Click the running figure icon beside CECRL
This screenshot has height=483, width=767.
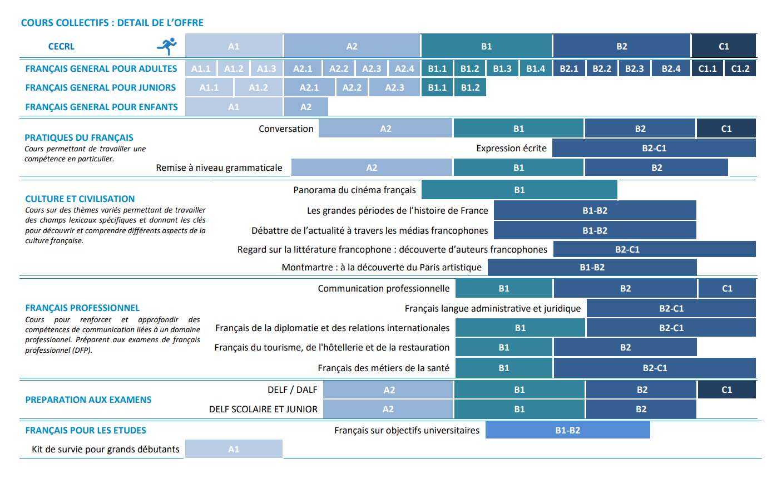[x=167, y=46]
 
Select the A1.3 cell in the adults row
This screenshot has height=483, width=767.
[x=267, y=68]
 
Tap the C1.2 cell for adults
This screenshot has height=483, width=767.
[x=740, y=68]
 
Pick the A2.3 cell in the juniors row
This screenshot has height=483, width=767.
[x=394, y=87]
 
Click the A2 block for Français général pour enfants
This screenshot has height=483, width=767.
[x=306, y=107]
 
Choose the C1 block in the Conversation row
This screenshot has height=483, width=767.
[x=726, y=129]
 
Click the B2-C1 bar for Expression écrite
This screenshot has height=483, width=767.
[x=654, y=148]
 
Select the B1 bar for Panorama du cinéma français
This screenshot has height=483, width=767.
[x=519, y=190]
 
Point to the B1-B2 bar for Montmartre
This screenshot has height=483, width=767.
[x=592, y=267]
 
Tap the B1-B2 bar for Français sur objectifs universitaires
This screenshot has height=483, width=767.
[x=568, y=430]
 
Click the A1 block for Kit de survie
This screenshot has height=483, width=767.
[x=234, y=449]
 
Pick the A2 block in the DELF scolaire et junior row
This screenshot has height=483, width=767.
[x=388, y=409]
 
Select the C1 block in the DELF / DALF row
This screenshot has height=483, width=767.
[x=726, y=390]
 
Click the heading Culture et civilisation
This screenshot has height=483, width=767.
[x=80, y=199]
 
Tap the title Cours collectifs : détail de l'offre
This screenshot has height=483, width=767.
[x=112, y=23]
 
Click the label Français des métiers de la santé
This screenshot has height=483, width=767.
[x=384, y=368]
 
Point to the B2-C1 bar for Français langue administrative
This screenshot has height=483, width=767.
[x=671, y=308]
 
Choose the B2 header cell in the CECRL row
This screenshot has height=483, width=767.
[x=622, y=46]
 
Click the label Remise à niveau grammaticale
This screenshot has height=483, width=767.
[x=219, y=167]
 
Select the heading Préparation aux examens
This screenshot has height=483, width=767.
[x=88, y=400]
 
